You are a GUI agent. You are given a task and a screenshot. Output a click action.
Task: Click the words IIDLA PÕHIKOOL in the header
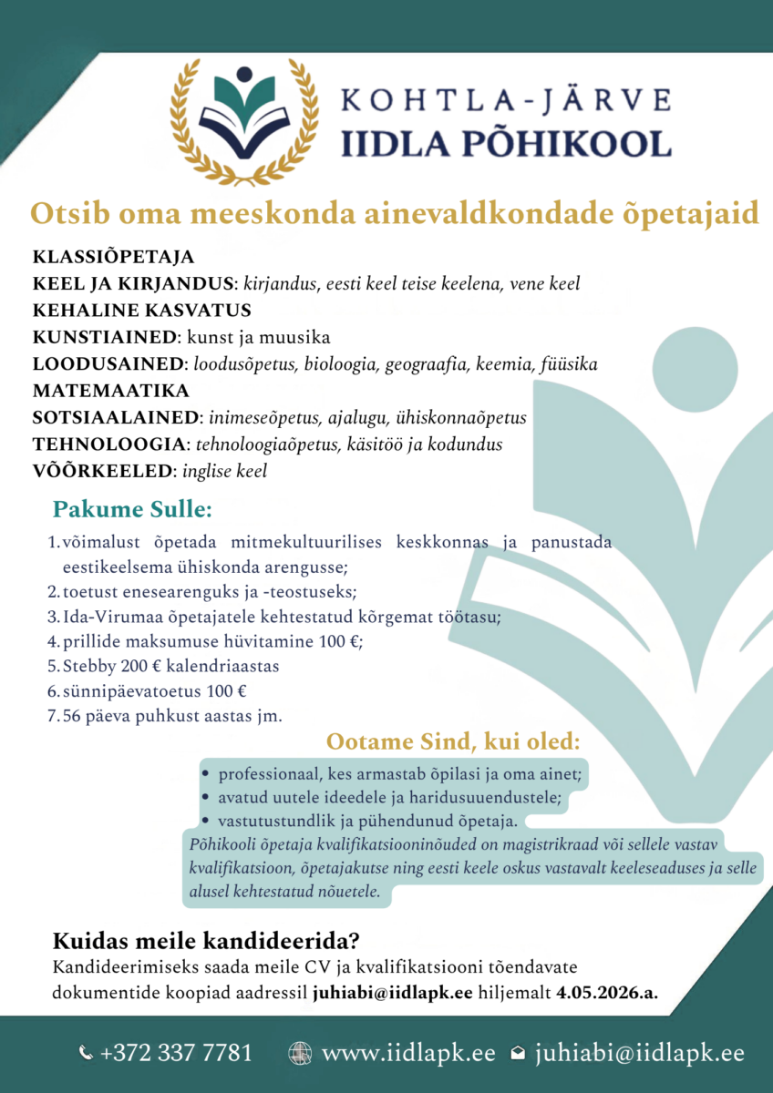coord(506,143)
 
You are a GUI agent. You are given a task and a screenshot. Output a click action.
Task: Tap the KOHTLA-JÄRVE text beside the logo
coord(506,99)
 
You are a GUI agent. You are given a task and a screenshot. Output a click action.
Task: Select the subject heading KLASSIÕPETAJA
coord(113,257)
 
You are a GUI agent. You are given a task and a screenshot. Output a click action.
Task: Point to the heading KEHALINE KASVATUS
coord(141,311)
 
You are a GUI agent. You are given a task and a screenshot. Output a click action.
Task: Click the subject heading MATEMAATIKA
coord(110,392)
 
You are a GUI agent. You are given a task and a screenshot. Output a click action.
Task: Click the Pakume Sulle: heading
coord(132,507)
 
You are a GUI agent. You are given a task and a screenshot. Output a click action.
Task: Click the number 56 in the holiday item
coord(72,715)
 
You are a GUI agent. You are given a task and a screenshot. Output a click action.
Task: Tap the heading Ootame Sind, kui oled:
coord(453,741)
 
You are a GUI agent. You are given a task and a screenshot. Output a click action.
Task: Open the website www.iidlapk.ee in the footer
coord(408,1054)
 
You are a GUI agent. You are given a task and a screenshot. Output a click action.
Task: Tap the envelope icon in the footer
coord(518,1055)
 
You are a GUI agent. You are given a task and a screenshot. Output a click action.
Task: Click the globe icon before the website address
coord(299,1054)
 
